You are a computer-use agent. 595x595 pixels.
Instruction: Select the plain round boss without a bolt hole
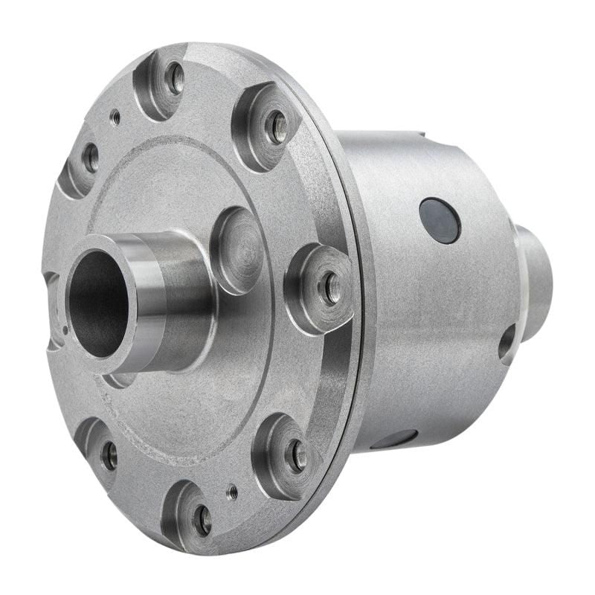(237, 250)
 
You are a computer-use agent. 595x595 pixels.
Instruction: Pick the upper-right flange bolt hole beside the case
(275, 127)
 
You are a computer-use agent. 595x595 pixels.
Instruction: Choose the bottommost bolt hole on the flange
(202, 521)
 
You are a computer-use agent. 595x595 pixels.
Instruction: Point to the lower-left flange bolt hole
(109, 455)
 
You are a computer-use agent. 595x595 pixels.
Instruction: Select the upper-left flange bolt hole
(90, 157)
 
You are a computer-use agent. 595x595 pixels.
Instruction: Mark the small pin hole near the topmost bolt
(115, 117)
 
